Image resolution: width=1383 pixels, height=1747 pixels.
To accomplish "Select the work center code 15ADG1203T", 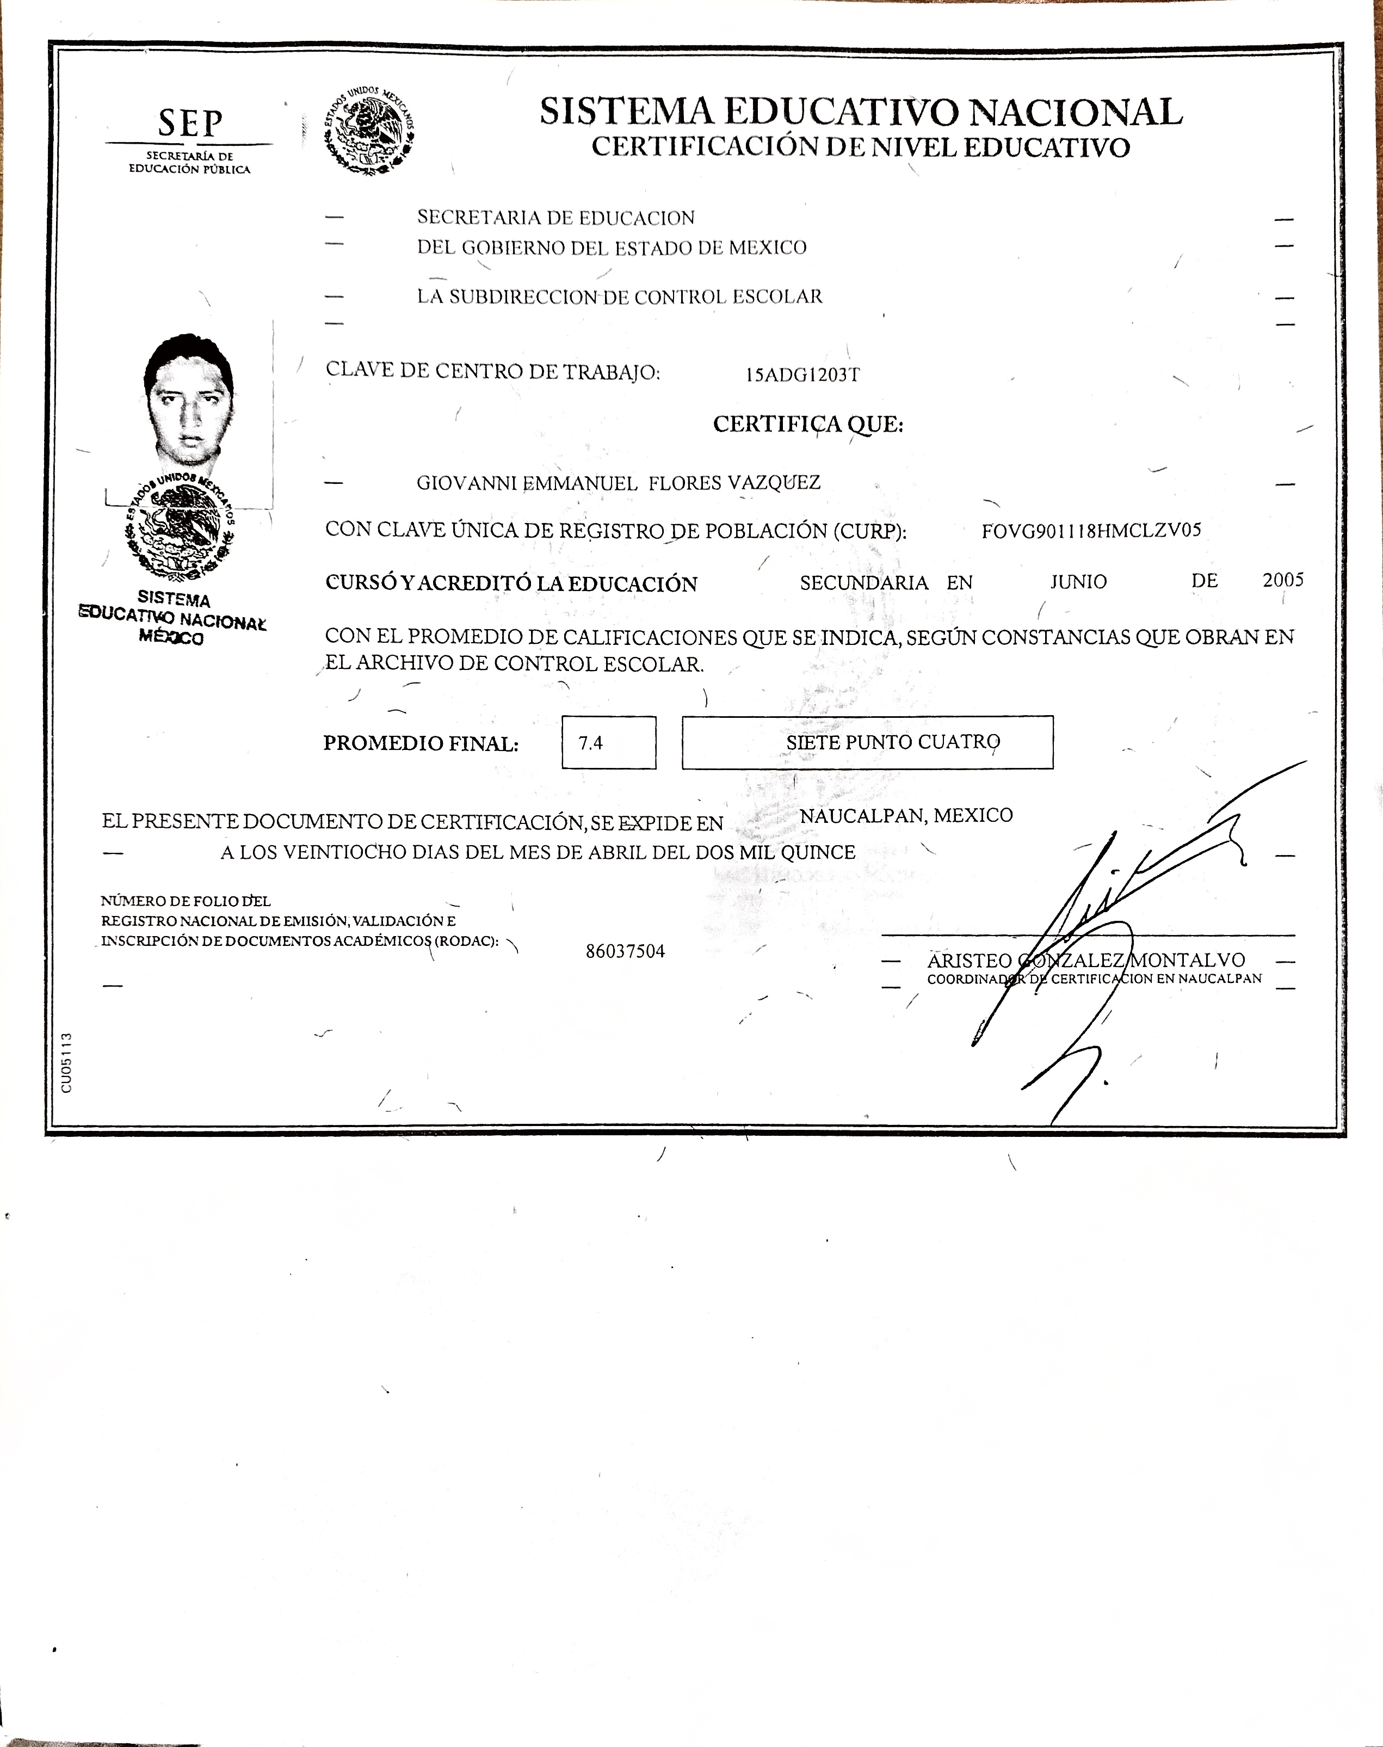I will (x=802, y=375).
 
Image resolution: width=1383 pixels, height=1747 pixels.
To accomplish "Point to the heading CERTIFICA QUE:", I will (x=807, y=425).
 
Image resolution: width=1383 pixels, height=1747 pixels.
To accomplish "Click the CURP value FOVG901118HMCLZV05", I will (x=1091, y=531).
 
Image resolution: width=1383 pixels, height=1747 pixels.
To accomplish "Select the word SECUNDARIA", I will (x=863, y=583).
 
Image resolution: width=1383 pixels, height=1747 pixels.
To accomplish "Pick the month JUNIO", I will (x=1078, y=582).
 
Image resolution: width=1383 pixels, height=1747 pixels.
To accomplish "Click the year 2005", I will (x=1282, y=580).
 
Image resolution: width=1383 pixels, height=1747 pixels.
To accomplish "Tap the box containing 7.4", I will (x=608, y=742).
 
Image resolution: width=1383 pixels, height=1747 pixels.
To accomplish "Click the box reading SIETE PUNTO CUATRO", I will (x=867, y=742).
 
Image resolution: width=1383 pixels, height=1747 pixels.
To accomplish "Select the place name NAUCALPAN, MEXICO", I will (x=906, y=816).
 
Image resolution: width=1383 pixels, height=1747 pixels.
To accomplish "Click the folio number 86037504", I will (x=625, y=952).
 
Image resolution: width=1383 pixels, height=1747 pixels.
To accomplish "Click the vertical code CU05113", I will (x=66, y=1062).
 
